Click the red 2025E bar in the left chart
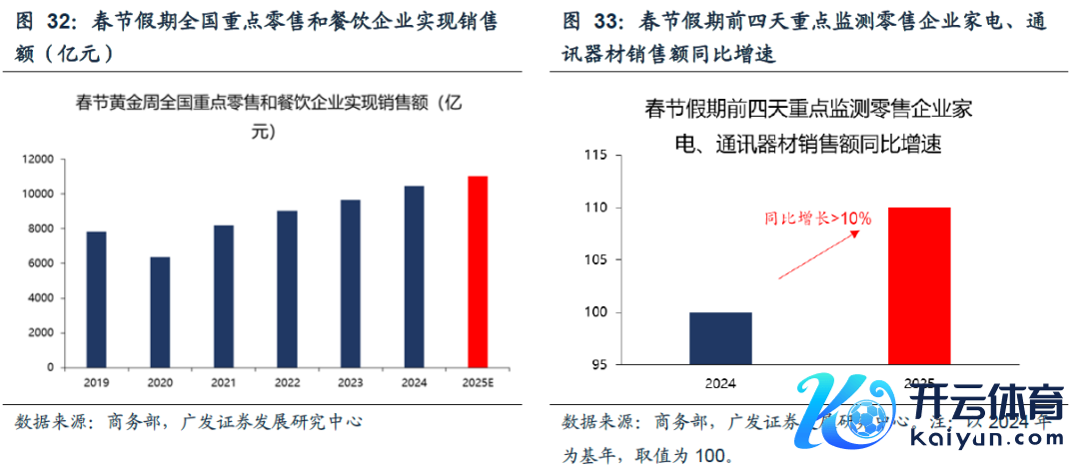coord(479,271)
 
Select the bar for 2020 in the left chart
coord(160,311)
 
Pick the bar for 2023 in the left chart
coord(351,283)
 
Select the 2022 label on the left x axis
coord(287,381)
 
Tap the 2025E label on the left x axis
coord(479,381)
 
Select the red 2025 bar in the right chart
coord(918,285)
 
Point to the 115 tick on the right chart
coord(594,156)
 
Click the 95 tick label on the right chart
coord(597,365)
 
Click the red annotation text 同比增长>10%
coord(818,217)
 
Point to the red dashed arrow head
coord(856,232)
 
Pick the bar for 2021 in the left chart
coord(223,296)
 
